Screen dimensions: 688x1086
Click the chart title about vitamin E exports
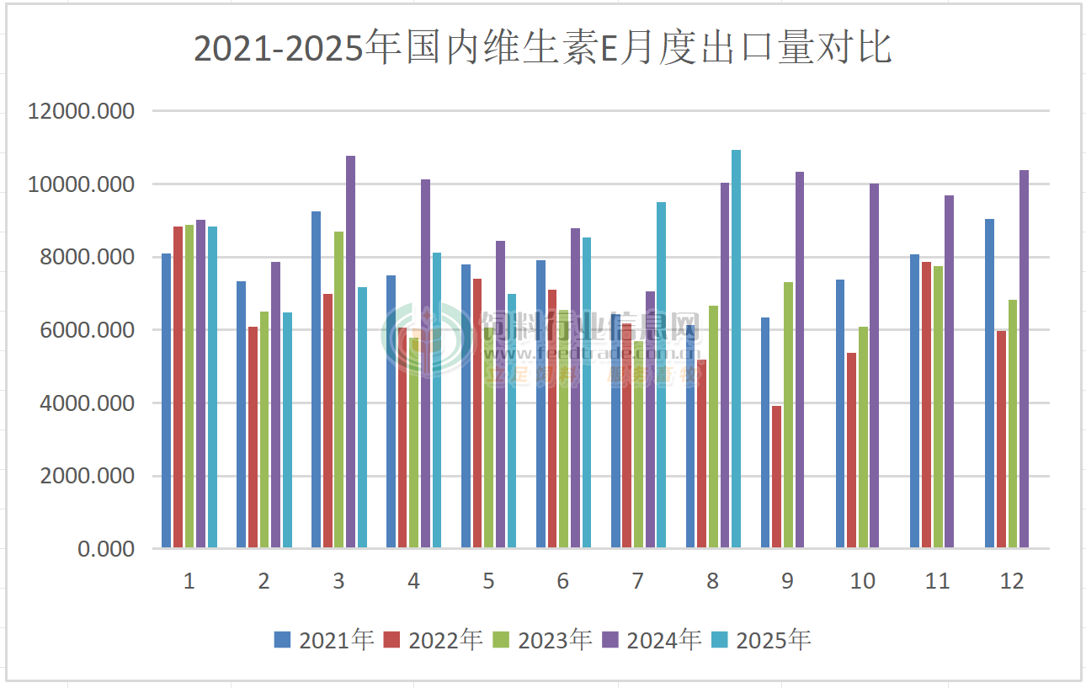[x=543, y=49]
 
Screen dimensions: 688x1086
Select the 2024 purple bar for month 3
[x=350, y=352]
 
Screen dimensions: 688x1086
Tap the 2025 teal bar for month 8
[x=736, y=349]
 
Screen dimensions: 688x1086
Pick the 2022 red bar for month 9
[x=776, y=477]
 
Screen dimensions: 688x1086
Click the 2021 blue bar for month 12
[x=990, y=384]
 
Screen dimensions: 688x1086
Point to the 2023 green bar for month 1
[x=189, y=387]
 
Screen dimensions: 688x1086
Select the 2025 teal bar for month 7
[x=661, y=376]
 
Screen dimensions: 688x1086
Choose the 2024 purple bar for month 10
[x=874, y=366]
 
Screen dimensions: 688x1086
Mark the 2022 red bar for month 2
[x=253, y=438]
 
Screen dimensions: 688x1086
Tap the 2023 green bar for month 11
[x=938, y=408]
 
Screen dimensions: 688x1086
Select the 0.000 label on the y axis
[x=106, y=549]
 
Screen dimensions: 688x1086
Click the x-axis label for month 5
[x=488, y=581]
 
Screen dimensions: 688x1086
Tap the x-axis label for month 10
[x=862, y=581]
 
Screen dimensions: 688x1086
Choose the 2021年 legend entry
[x=324, y=640]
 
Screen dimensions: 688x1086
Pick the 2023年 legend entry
[x=543, y=640]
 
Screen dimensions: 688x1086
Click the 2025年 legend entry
[x=762, y=640]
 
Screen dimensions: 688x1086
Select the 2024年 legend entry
[x=652, y=640]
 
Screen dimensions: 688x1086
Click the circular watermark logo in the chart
[x=427, y=340]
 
